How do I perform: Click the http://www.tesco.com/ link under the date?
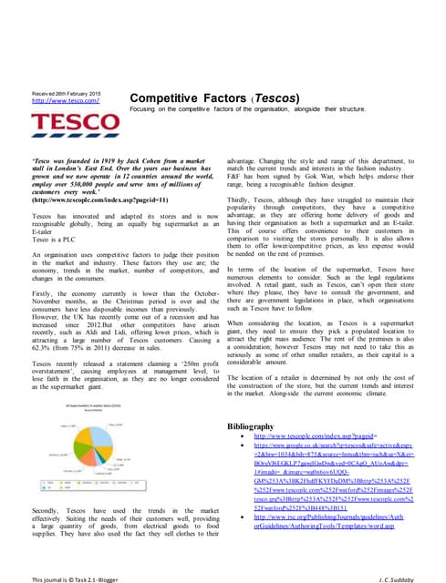click(x=57, y=101)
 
